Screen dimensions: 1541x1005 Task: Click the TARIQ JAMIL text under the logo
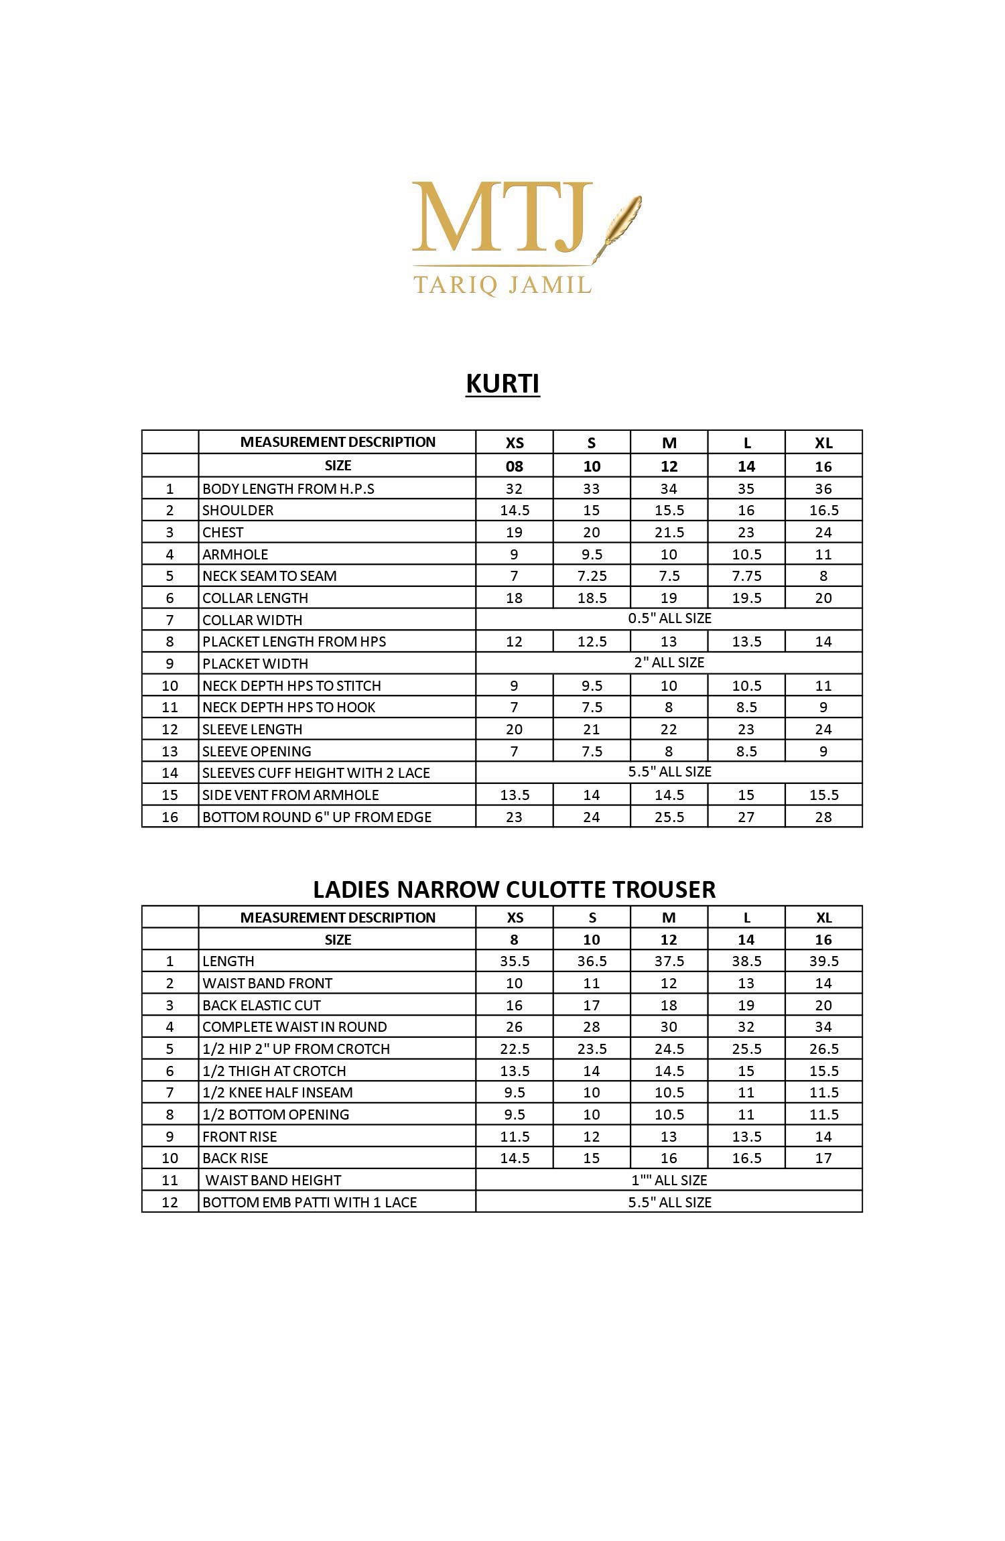pos(503,285)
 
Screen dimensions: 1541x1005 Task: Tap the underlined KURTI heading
pos(503,384)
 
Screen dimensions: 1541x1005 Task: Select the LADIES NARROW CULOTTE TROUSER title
pos(514,889)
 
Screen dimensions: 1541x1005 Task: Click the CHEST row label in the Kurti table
pos(223,533)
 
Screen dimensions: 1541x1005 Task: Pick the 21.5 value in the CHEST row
pos(669,533)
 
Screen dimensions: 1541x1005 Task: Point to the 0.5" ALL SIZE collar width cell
pos(669,618)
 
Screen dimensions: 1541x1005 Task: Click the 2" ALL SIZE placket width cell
pos(669,663)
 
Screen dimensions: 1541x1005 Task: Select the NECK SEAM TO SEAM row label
pos(269,576)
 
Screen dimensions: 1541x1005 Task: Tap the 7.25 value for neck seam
pos(592,576)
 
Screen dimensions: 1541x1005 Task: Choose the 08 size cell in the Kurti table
pos(514,466)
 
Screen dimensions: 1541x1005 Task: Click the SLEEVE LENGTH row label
pos(252,730)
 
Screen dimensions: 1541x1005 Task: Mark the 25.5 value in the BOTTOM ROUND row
pos(669,817)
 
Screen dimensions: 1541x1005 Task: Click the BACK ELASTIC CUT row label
pos(261,1006)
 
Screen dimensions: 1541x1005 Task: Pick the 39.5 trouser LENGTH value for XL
pos(823,961)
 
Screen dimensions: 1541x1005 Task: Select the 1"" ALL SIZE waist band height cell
pos(669,1181)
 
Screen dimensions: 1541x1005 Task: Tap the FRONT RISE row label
pos(239,1137)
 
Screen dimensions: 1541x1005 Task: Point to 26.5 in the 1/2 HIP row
pos(823,1049)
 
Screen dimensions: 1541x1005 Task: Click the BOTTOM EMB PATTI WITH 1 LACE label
pos(310,1203)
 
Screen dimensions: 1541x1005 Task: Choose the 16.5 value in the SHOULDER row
pos(823,511)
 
